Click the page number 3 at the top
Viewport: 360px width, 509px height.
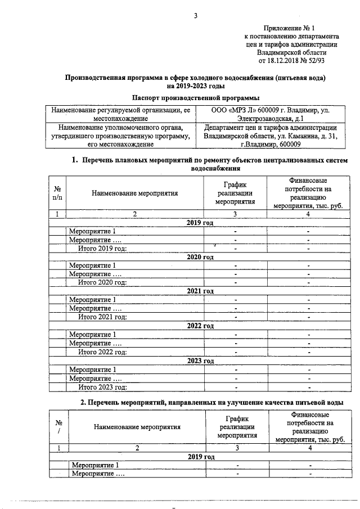(196, 15)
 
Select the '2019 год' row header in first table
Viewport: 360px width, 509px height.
(200, 223)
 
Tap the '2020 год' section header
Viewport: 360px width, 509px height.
(200, 257)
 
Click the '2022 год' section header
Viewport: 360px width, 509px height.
(200, 326)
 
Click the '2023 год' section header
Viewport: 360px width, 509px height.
(200, 361)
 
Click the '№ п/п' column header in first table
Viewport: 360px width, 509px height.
(57, 193)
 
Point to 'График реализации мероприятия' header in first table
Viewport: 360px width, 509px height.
(235, 193)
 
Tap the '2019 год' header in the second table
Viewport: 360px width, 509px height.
(201, 456)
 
